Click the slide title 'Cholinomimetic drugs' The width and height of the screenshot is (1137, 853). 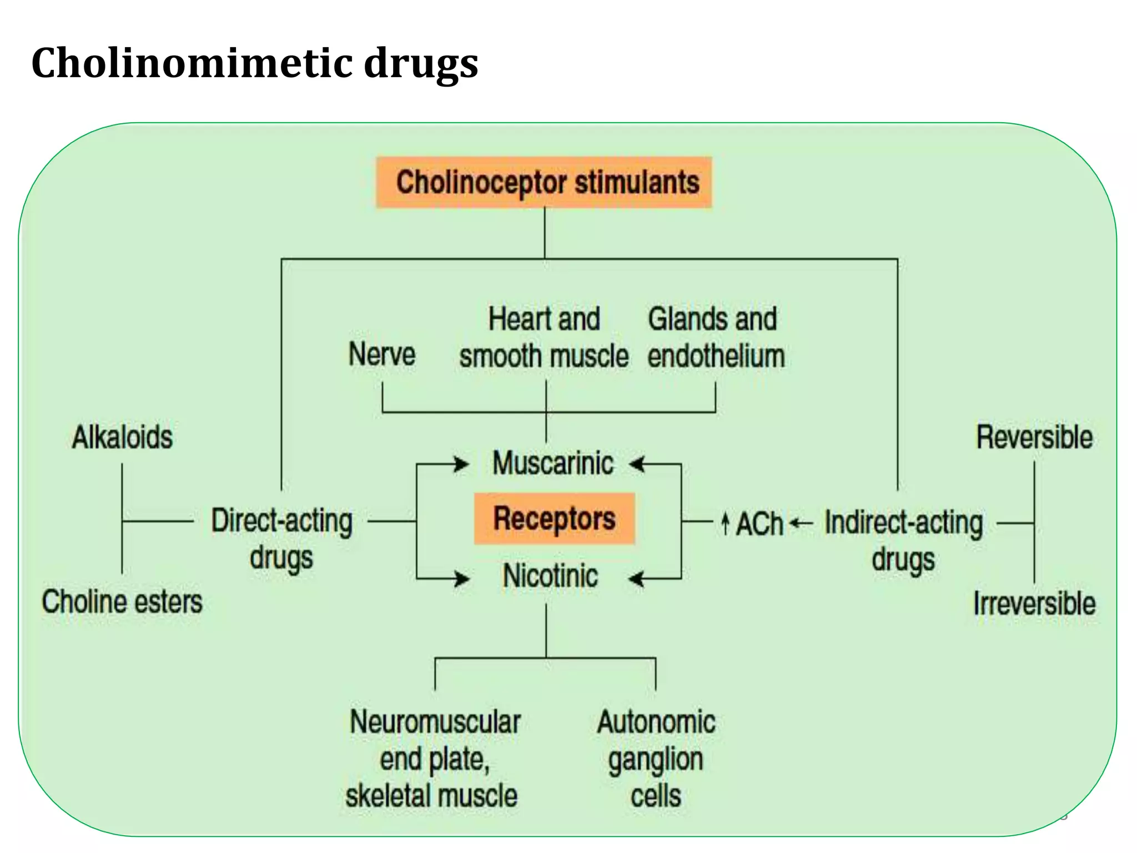click(254, 63)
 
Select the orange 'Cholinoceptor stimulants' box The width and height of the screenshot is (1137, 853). click(544, 183)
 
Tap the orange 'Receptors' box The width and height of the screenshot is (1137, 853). click(554, 519)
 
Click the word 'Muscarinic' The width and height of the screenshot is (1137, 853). click(553, 463)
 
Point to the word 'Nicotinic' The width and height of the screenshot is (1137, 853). click(550, 576)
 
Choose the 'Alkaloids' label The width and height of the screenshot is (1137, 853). click(122, 437)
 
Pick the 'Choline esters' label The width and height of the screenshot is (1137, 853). click(122, 602)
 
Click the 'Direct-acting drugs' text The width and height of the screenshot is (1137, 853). click(281, 539)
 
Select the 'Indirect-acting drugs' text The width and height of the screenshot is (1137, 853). click(903, 540)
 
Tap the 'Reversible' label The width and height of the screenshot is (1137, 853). click(1034, 437)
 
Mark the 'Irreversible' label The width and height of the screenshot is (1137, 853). click(1034, 603)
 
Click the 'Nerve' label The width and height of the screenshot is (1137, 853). click(382, 354)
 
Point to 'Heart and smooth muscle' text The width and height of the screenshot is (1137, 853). click(544, 338)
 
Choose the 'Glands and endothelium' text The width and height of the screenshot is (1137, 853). click(715, 338)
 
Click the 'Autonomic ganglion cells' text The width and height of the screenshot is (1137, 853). click(656, 759)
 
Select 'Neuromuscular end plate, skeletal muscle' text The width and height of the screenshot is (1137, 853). click(433, 759)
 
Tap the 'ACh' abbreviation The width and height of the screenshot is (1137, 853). click(759, 524)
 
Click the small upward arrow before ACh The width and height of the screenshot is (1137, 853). click(725, 523)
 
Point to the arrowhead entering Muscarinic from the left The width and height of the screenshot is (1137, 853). click(462, 464)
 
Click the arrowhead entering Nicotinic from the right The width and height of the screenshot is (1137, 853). click(636, 579)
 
